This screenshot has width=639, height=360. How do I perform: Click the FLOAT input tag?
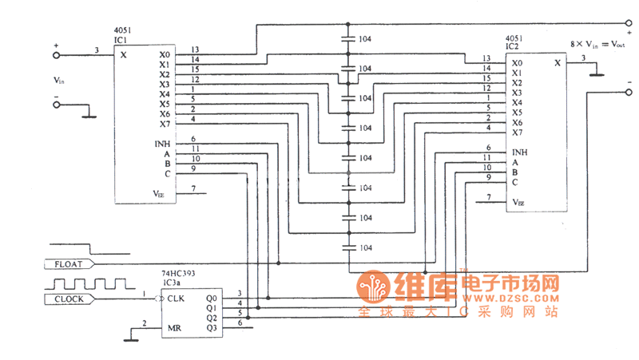71,263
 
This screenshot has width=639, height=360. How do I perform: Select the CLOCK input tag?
71,299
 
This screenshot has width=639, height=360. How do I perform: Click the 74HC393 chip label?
178,272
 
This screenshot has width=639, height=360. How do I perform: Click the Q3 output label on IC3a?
211,328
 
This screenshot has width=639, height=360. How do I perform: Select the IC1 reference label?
121,38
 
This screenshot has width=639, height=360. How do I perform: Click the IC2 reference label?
512,46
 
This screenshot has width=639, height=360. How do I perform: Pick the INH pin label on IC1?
162,144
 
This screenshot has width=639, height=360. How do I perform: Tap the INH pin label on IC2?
519,152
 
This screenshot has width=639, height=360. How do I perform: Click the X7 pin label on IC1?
164,124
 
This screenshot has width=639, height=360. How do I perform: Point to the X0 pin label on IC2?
517,63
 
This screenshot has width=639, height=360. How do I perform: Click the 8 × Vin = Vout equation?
599,45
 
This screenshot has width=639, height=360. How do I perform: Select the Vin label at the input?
58,81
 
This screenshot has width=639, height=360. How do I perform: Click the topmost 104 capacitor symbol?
348,38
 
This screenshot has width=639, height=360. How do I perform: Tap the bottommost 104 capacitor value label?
365,248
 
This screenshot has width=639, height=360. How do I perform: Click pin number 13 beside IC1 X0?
194,49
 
